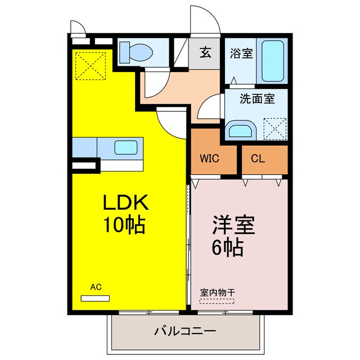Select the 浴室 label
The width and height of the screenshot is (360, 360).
click(242, 54)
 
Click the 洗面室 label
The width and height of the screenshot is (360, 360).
click(257, 99)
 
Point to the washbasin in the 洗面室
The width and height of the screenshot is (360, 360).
click(241, 131)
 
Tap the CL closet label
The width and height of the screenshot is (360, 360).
click(258, 158)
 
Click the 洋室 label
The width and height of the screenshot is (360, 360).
click(233, 225)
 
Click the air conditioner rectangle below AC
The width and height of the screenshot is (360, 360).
click(96, 297)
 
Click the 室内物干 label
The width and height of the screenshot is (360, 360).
click(217, 292)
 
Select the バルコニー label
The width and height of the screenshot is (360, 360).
click(185, 331)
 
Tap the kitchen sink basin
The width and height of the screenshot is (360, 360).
click(124, 148)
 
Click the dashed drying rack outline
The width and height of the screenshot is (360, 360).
click(217, 301)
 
